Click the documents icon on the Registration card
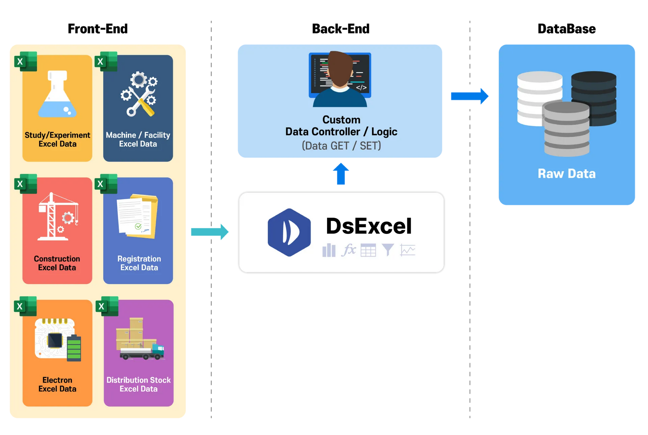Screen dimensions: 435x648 tap(137, 216)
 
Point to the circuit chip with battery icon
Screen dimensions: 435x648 tap(58, 339)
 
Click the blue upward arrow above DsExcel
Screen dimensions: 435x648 tap(341, 173)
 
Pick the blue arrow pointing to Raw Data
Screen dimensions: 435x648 tap(469, 96)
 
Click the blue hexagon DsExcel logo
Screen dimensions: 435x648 tap(289, 233)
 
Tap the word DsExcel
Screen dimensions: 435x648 tap(369, 226)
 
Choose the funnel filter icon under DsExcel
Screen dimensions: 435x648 tap(388, 250)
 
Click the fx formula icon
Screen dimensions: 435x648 tap(349, 250)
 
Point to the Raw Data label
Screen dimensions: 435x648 tap(567, 174)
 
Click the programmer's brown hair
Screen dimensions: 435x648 tap(340, 67)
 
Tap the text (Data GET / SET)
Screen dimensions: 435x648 tap(341, 146)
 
